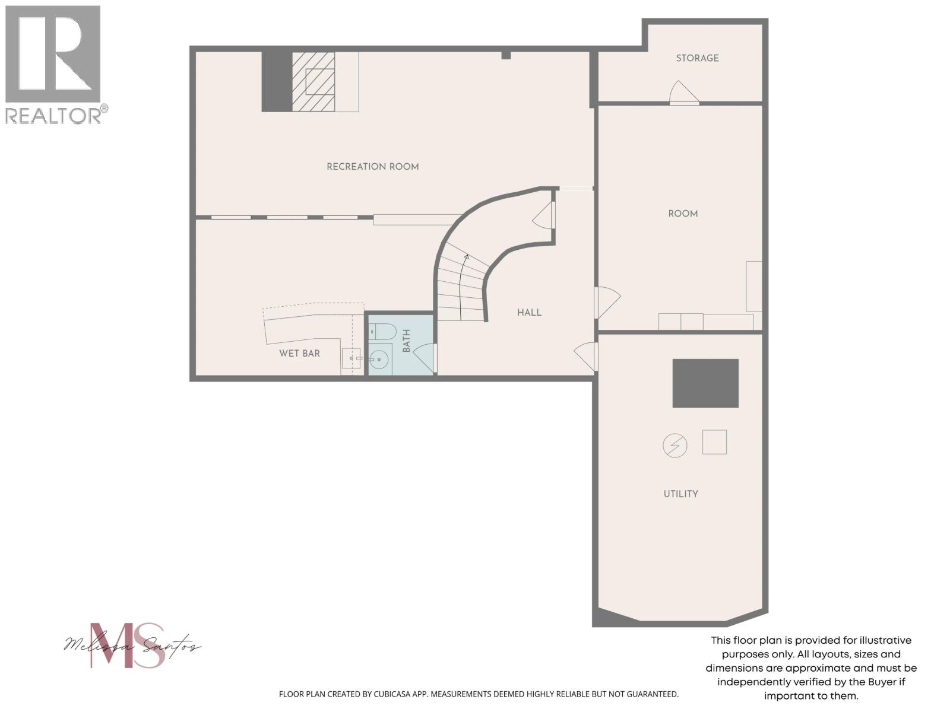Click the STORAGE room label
pyautogui.click(x=697, y=58)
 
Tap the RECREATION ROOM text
pyautogui.click(x=372, y=167)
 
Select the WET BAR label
pyautogui.click(x=299, y=354)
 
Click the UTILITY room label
pyautogui.click(x=680, y=494)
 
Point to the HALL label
pyautogui.click(x=529, y=313)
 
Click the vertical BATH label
pyautogui.click(x=407, y=341)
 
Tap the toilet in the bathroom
pyautogui.click(x=382, y=331)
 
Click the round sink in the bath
pyautogui.click(x=379, y=359)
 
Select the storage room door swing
pyautogui.click(x=683, y=93)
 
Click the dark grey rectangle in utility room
pyautogui.click(x=705, y=383)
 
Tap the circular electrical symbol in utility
pyautogui.click(x=674, y=445)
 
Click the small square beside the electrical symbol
pyautogui.click(x=714, y=442)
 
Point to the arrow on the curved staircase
pyautogui.click(x=466, y=258)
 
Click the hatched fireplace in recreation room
pyautogui.click(x=313, y=81)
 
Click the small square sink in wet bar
pyautogui.click(x=351, y=358)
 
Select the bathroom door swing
pyautogui.click(x=423, y=358)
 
